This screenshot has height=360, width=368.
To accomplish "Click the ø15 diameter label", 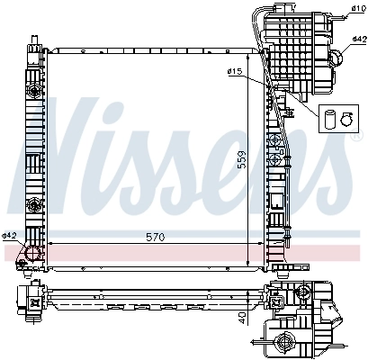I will click(237, 71).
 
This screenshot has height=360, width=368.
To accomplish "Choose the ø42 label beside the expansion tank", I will click(358, 40).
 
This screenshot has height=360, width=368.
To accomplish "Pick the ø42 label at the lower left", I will click(9, 236).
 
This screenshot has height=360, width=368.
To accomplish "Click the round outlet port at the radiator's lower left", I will click(32, 254).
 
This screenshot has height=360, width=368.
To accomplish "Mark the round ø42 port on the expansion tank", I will click(336, 58).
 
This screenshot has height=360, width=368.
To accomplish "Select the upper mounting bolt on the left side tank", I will click(35, 93).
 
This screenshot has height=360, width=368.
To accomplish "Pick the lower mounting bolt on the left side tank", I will click(35, 204).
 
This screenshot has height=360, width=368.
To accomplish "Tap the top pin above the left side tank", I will click(34, 42).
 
